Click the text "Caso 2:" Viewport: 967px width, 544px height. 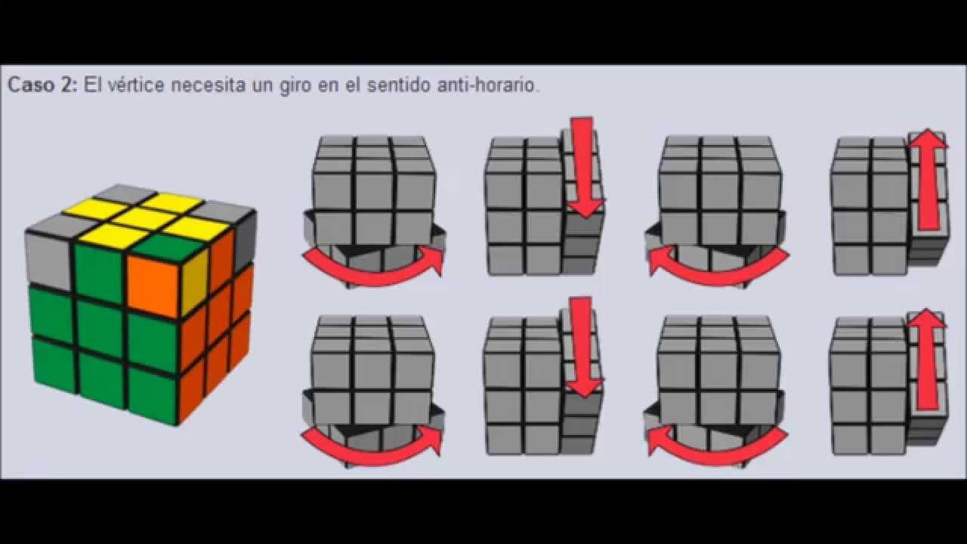[x=42, y=85]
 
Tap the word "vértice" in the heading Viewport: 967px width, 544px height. [x=136, y=85]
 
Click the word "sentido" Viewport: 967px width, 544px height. [x=399, y=85]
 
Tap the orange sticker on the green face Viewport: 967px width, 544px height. [x=154, y=285]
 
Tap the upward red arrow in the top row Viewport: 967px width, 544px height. [x=928, y=179]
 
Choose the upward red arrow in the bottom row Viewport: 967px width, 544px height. [x=927, y=359]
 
